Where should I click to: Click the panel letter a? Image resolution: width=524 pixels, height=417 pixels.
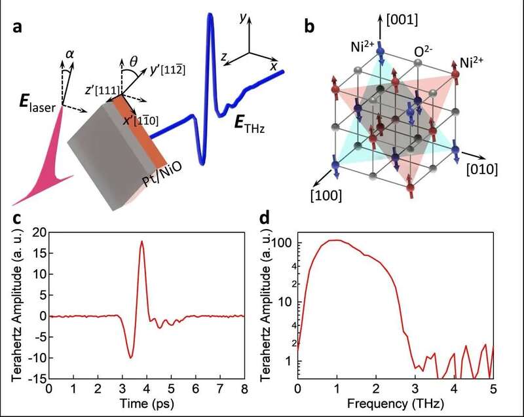click(18, 28)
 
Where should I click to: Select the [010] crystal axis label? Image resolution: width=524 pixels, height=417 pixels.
click(483, 170)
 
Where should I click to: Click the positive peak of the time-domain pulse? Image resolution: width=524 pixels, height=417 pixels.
click(141, 242)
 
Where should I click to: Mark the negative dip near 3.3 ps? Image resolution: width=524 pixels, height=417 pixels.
click(131, 357)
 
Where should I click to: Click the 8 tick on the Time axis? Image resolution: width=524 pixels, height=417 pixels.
click(244, 389)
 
